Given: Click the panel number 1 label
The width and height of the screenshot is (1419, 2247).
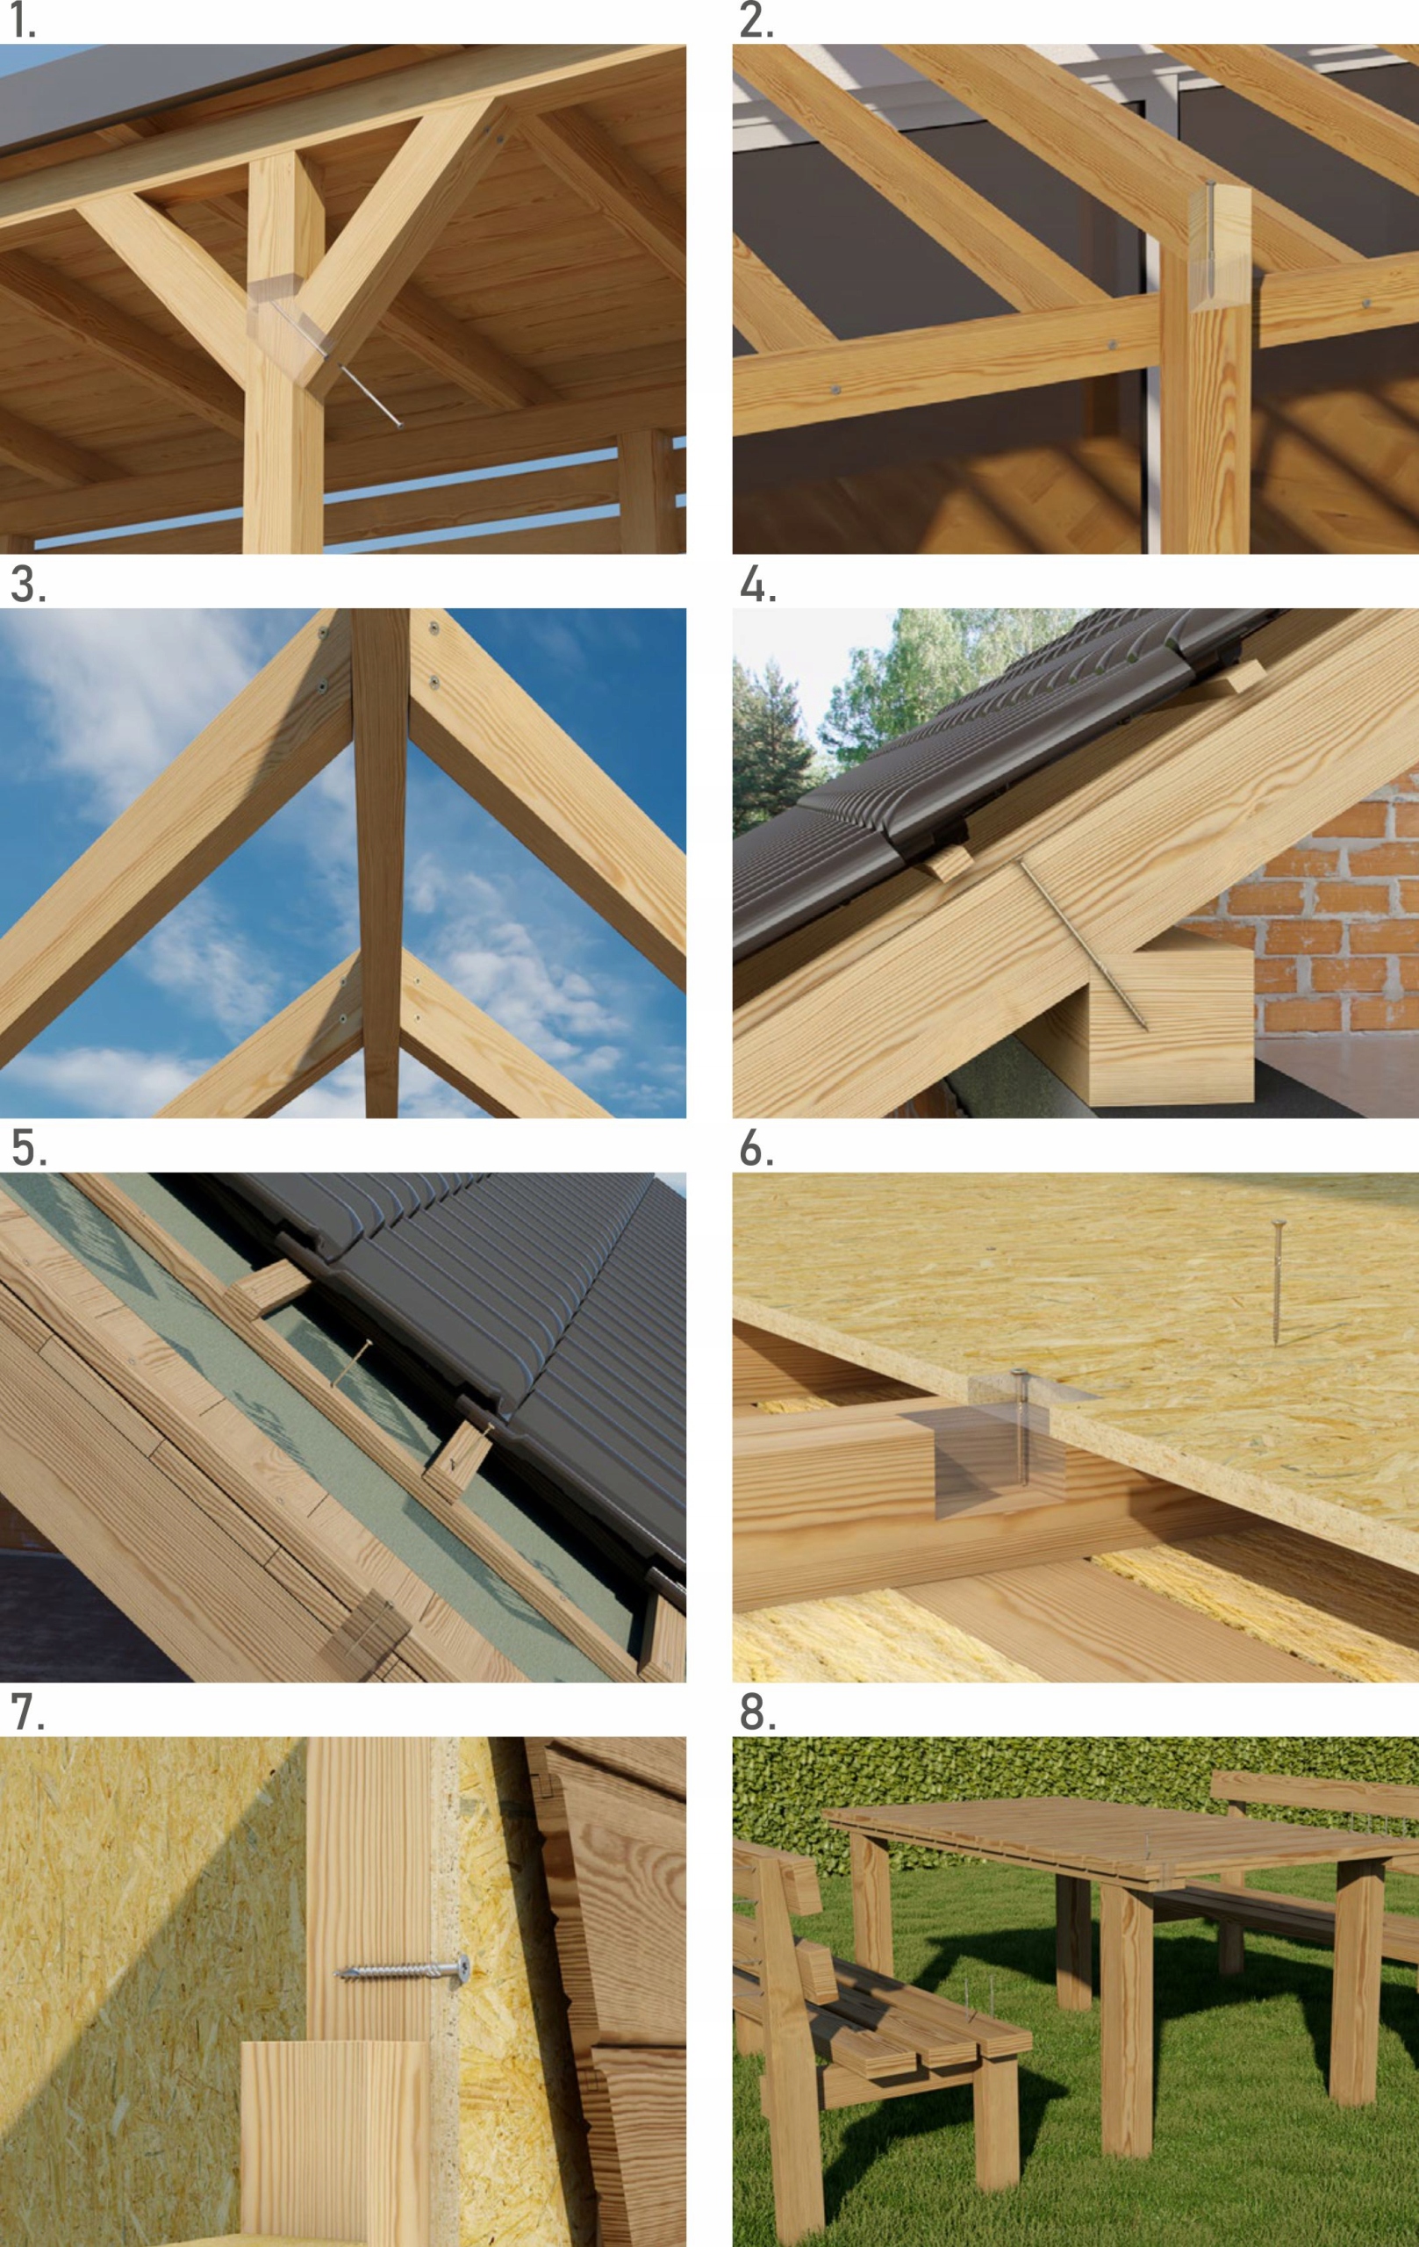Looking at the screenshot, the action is click(x=23, y=20).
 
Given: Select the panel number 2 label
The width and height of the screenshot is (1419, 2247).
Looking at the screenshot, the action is click(x=756, y=20).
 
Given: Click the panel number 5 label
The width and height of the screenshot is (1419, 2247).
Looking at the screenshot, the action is click(x=28, y=1149).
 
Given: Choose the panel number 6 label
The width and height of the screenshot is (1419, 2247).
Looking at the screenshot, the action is click(x=756, y=1149).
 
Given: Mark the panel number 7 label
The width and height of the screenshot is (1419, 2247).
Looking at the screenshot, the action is click(x=27, y=1712).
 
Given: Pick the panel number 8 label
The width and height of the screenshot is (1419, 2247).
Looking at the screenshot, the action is click(x=756, y=1712).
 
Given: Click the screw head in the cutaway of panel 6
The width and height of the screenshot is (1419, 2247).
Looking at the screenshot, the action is click(x=1021, y=1371).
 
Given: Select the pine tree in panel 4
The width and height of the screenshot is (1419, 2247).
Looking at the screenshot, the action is click(x=770, y=746).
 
